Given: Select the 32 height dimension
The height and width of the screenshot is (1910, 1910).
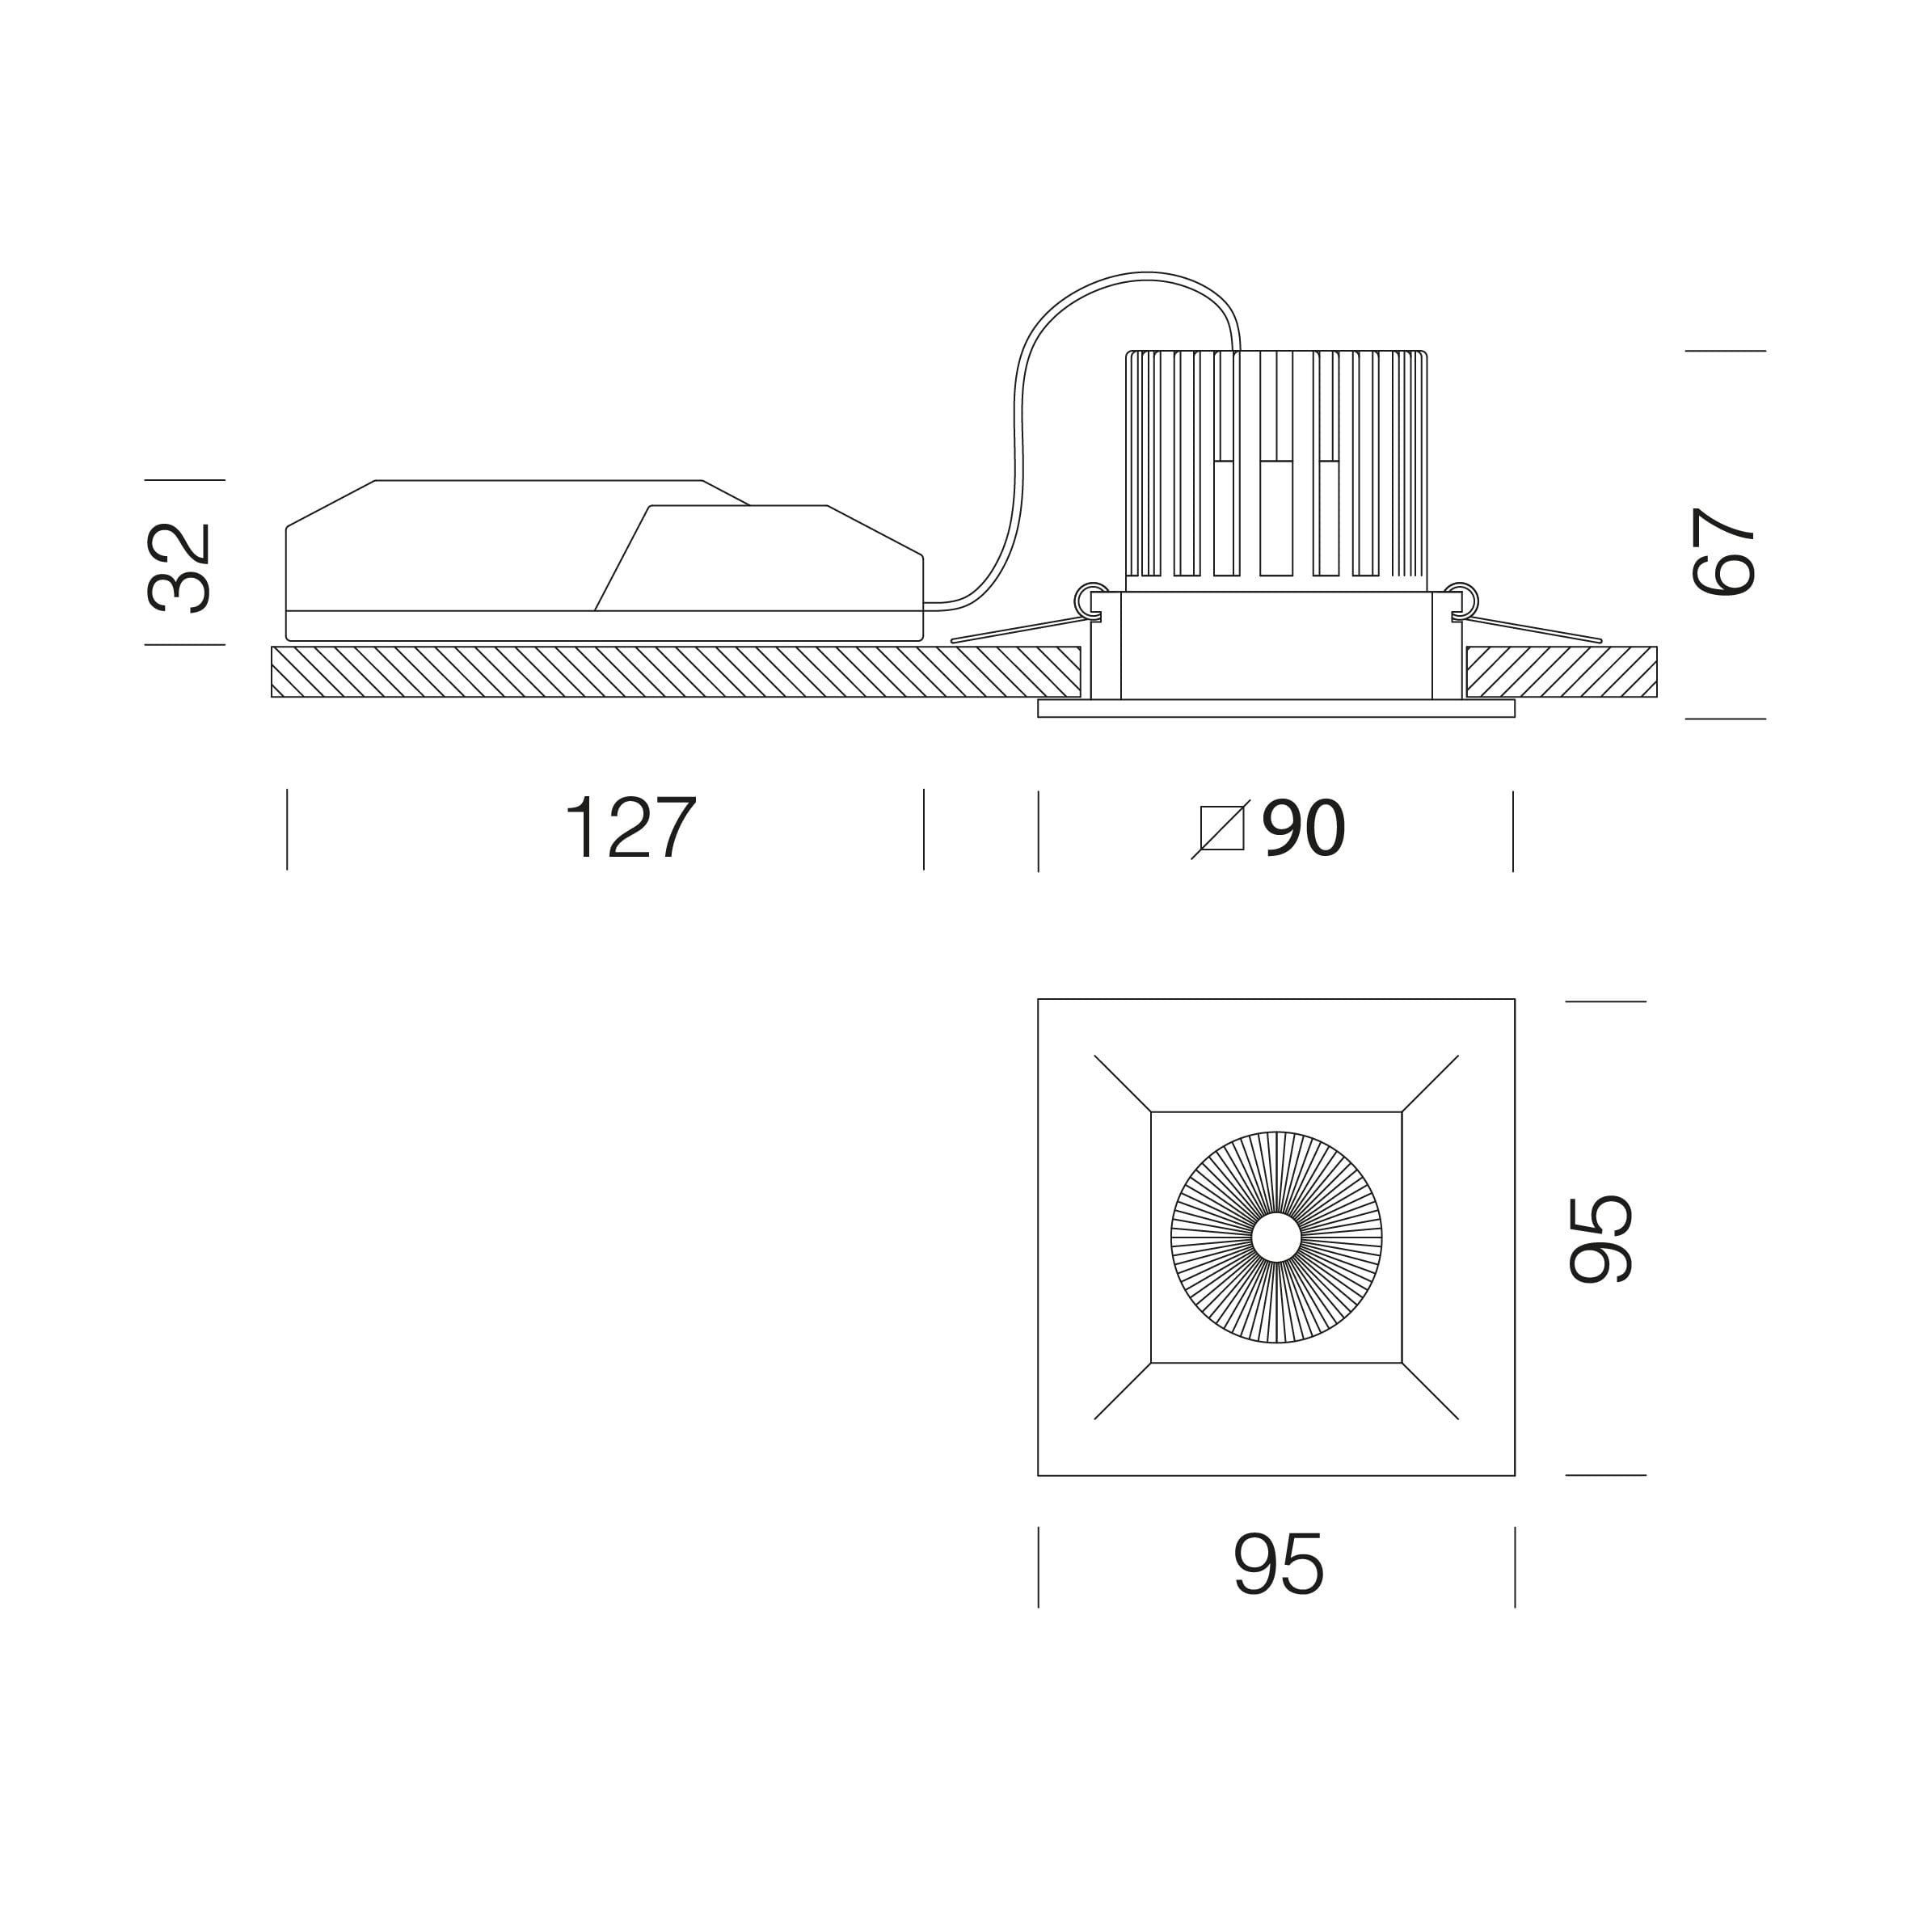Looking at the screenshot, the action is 179,567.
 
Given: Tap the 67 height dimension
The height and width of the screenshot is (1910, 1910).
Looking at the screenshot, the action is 1723,550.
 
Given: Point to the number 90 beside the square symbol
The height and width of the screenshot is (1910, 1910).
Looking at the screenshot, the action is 1304,828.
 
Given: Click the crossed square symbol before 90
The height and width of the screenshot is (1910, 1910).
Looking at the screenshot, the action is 1221,829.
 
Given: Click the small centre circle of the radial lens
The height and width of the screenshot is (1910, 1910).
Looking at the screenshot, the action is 1276,1237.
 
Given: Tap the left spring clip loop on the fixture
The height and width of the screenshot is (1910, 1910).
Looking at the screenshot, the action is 1089,600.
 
